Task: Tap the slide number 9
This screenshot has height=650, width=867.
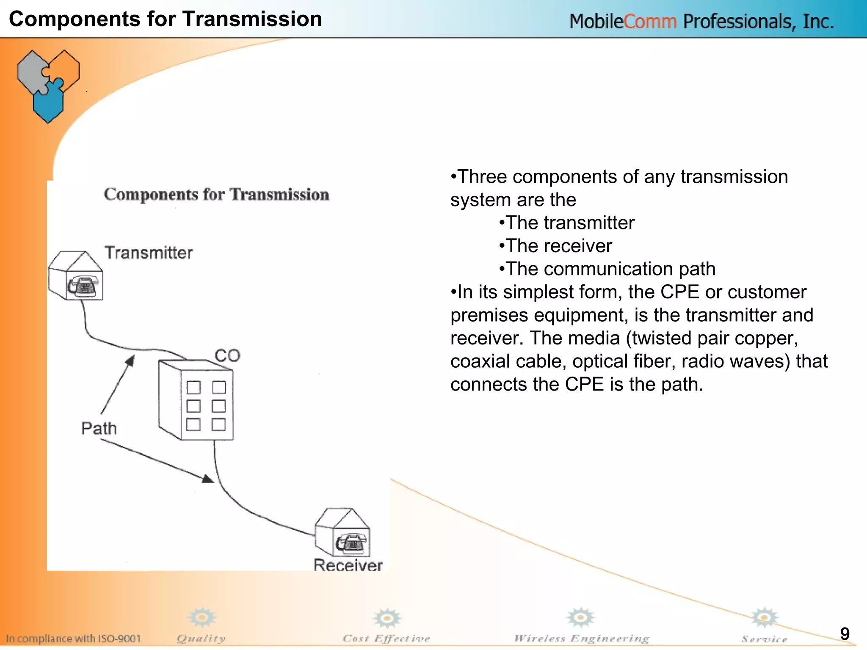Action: (x=845, y=634)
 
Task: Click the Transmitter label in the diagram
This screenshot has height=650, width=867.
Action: (x=149, y=253)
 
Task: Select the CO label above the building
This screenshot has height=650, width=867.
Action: (x=227, y=355)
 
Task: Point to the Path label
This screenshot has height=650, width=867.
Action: (x=99, y=428)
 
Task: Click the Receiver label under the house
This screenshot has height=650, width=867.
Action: (x=348, y=565)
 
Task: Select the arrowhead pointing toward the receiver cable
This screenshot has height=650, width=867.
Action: (x=208, y=479)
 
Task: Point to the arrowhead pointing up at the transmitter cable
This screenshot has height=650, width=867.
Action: (x=130, y=361)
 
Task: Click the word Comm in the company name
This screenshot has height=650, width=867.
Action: (x=650, y=21)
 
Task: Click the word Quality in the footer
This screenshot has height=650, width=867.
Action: (x=201, y=639)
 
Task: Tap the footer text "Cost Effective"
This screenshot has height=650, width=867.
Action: (x=386, y=639)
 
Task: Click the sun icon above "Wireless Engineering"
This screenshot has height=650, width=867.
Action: (x=581, y=618)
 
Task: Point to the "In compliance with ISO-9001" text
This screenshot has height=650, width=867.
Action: (x=73, y=639)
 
